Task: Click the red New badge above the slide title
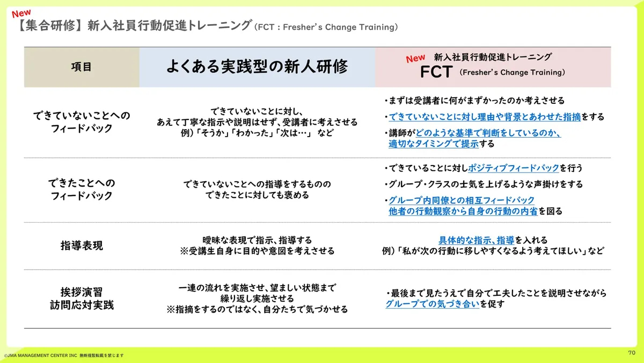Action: point(21,13)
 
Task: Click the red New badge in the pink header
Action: point(415,58)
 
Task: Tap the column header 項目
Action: point(82,67)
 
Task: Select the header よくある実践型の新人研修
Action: point(257,67)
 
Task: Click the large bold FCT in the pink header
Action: point(436,72)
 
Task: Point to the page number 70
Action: point(632,353)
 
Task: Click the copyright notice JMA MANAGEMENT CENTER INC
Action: point(41,355)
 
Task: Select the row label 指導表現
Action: point(82,246)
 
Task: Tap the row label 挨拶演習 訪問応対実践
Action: point(82,298)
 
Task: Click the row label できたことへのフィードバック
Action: point(82,189)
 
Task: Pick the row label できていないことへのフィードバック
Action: point(82,122)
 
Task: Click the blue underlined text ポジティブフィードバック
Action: point(514,168)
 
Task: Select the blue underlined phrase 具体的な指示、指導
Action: point(477,240)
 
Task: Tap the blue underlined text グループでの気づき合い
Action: point(433,304)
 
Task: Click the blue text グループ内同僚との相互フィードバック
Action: point(462,200)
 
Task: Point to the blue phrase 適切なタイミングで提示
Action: point(434,144)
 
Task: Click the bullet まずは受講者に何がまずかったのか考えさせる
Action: point(474,101)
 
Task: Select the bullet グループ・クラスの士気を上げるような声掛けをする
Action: point(484,184)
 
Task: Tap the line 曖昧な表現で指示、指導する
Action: point(257,240)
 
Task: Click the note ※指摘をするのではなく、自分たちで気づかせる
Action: point(257,309)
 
